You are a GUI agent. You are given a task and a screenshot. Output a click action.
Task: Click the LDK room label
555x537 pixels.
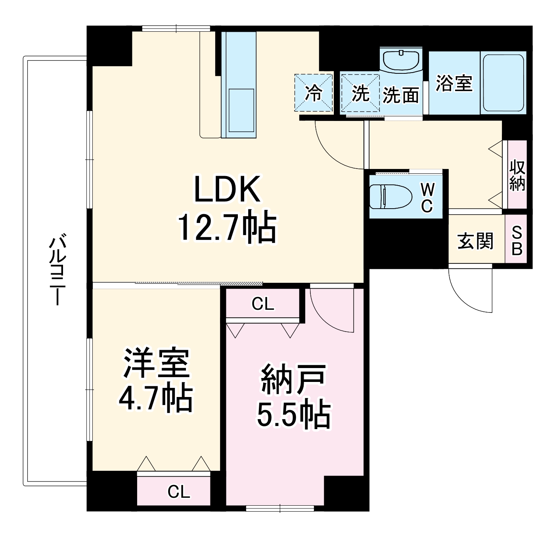click(x=228, y=189)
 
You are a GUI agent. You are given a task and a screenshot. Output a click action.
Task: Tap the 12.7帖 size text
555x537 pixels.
click(x=228, y=227)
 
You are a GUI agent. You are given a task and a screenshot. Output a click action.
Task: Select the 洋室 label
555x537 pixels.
click(x=156, y=363)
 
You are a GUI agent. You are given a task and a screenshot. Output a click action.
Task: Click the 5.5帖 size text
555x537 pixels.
click(x=294, y=415)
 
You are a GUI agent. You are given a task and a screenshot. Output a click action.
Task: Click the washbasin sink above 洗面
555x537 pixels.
click(x=401, y=59)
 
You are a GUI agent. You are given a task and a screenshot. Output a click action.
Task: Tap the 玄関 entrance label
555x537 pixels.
click(x=476, y=241)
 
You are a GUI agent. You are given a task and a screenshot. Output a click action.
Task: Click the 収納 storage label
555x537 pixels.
click(x=517, y=175)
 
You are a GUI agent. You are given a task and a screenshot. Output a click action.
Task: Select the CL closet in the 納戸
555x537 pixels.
click(x=263, y=304)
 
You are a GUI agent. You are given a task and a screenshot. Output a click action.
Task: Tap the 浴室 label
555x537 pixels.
click(x=454, y=83)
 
